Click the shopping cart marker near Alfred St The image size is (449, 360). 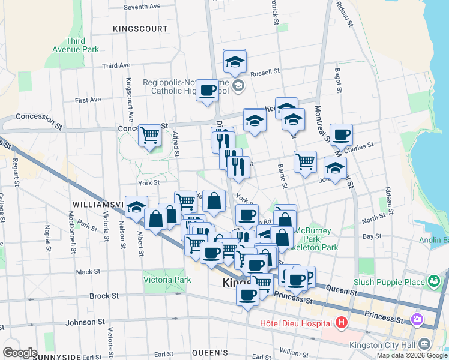click(149, 135)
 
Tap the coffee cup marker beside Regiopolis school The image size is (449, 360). click(208, 91)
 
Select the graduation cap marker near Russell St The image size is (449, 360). click(235, 61)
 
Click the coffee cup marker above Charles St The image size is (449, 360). click(341, 135)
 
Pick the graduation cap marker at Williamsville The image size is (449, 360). click(136, 207)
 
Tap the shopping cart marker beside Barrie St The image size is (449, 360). click(305, 161)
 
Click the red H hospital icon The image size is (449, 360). click(342, 324)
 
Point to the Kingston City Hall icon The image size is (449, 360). click(424, 343)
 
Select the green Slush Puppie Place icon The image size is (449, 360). click(433, 281)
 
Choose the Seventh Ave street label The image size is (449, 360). click(142, 7)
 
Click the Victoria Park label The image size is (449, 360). click(167, 280)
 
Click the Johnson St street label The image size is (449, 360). click(85, 322)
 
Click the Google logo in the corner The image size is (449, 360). click(20, 353)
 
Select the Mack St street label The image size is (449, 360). click(88, 272)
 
